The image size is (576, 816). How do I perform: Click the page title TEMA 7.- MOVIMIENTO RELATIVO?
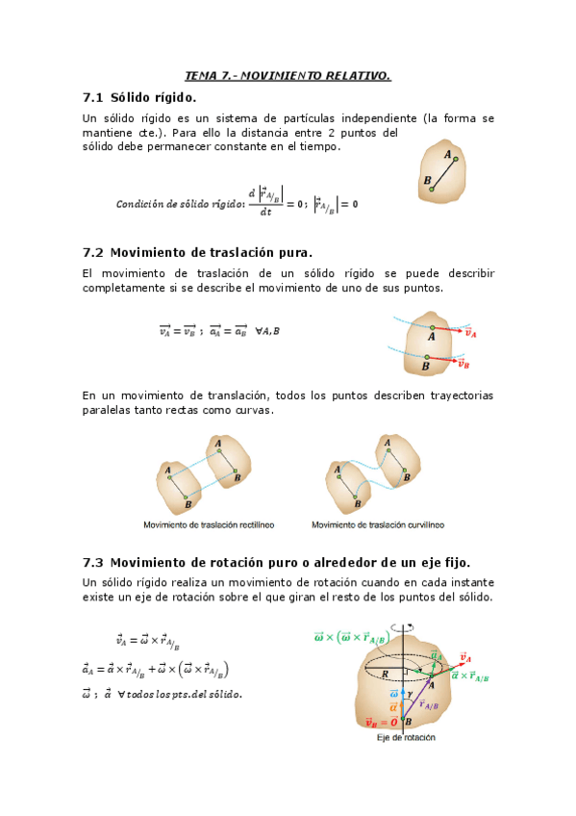point(288,75)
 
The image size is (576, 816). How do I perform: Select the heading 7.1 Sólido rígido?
point(139,97)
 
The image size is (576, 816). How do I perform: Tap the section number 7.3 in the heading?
point(93,561)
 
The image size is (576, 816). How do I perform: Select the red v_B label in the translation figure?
point(463,364)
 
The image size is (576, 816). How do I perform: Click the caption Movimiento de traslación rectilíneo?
point(208,524)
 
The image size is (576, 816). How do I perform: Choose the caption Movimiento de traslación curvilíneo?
point(376,524)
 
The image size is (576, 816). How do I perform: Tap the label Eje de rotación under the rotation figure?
point(406,738)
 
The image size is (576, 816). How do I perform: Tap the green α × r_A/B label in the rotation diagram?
point(470,677)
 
